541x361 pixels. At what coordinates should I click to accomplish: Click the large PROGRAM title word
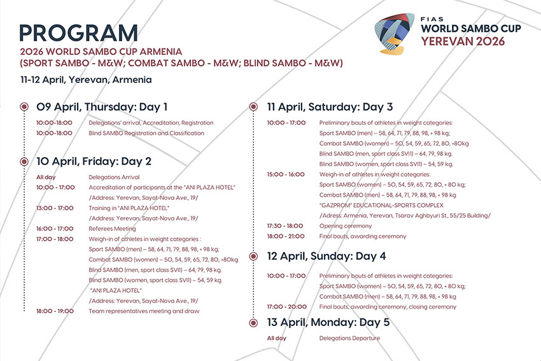click(79, 33)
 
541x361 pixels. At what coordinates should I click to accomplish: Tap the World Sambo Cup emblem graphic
click(395, 34)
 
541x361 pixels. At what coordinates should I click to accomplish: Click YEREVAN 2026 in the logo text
click(463, 41)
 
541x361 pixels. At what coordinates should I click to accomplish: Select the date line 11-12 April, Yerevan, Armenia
click(86, 80)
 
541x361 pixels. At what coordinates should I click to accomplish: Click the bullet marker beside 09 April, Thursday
click(24, 106)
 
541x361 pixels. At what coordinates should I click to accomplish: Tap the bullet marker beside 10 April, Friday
click(24, 161)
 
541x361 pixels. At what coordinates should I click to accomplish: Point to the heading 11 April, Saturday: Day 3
click(330, 107)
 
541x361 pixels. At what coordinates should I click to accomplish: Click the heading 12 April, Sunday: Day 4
click(327, 256)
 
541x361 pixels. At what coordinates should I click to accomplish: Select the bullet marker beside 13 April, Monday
click(253, 323)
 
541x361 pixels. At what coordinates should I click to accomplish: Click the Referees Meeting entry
click(112, 229)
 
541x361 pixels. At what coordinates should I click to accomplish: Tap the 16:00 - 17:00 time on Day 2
click(55, 229)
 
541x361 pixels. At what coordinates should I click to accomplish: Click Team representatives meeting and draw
click(144, 311)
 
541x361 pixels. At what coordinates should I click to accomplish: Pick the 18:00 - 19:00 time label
click(55, 311)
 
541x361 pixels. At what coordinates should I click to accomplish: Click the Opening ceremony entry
click(346, 226)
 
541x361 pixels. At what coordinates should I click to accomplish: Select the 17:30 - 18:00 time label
click(285, 226)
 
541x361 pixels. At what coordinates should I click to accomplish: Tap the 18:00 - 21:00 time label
click(286, 236)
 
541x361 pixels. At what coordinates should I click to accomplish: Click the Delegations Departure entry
click(349, 338)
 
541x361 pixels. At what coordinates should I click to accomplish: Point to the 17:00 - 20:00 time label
click(286, 307)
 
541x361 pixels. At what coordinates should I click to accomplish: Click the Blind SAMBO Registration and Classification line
click(146, 133)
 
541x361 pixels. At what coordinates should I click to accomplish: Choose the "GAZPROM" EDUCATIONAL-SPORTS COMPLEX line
click(381, 206)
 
